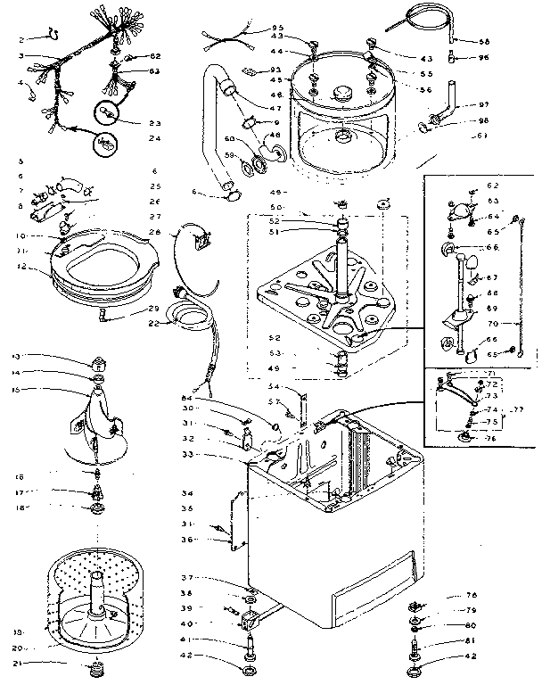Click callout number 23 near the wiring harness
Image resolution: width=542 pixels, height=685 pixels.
155,122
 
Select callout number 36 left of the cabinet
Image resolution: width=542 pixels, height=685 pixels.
189,539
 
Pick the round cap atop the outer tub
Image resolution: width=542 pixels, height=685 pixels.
342,92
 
